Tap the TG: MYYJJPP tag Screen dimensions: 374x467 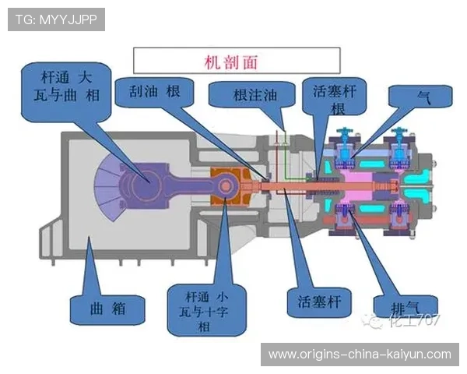[x=56, y=19]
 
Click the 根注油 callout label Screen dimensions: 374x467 [x=254, y=95]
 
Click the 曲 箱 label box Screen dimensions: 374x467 [x=107, y=308]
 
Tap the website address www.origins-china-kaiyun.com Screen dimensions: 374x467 [x=360, y=355]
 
